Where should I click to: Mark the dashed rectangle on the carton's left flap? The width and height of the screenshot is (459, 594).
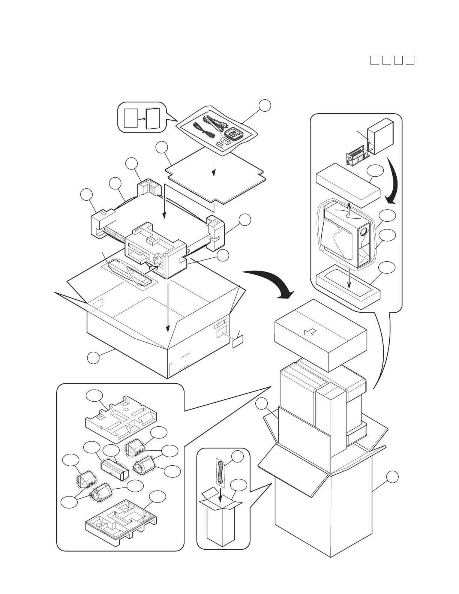(x=97, y=305)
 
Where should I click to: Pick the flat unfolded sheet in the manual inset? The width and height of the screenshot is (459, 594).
(x=131, y=118)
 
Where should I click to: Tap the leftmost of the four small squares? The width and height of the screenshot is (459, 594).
(x=374, y=60)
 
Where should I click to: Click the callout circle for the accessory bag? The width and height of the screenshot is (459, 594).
(x=265, y=105)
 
